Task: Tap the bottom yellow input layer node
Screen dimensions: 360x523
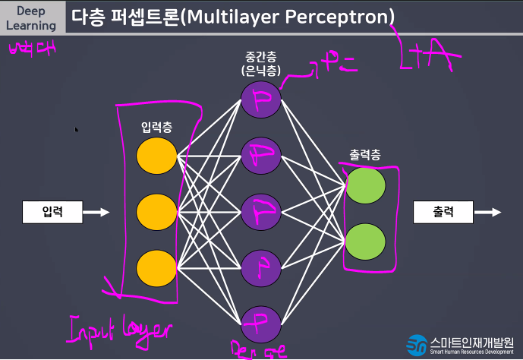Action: (156, 267)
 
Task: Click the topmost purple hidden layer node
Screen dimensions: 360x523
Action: (260, 98)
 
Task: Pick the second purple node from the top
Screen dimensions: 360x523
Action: (260, 156)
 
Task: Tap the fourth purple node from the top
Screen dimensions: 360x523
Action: (260, 265)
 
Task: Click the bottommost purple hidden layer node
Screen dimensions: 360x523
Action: (260, 320)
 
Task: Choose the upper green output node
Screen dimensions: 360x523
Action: (365, 185)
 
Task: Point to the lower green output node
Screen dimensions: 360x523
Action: (365, 240)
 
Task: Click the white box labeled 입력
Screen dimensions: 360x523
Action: (51, 213)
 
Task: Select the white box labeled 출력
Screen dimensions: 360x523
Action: (443, 213)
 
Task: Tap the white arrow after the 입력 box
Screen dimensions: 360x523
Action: (96, 213)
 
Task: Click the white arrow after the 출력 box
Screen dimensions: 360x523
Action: (489, 213)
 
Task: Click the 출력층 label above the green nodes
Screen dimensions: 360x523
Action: (365, 155)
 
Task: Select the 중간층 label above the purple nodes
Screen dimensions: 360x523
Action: (260, 57)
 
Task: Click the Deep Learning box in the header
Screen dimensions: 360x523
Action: (33, 17)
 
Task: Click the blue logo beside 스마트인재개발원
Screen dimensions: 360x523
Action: (417, 345)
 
